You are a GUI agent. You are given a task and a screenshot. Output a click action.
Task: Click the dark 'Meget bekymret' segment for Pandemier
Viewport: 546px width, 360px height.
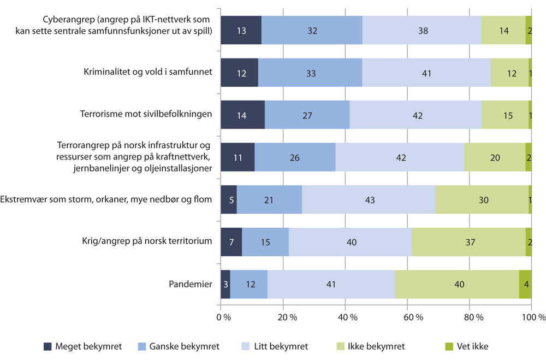(x=225, y=284)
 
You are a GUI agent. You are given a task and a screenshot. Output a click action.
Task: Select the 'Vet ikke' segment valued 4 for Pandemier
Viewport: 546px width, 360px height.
(x=525, y=284)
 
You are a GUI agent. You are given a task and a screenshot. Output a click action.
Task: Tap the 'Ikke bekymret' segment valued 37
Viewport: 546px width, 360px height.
(x=468, y=242)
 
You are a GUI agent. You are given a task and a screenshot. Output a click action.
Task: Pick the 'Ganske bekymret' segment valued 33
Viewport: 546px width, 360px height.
(x=310, y=72)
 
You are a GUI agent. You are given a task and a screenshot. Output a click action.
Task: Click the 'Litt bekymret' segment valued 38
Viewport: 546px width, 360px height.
(x=422, y=31)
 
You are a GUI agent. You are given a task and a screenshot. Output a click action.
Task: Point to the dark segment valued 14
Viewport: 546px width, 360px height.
(x=242, y=115)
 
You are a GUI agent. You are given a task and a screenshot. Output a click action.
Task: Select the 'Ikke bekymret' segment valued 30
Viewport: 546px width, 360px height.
(x=482, y=199)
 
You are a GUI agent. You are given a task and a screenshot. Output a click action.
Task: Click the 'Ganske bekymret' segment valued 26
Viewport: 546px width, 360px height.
(x=295, y=157)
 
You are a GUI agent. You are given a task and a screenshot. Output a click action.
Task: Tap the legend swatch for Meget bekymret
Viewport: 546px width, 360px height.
(x=48, y=346)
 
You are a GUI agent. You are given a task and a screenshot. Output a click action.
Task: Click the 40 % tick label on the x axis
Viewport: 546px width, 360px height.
(x=346, y=317)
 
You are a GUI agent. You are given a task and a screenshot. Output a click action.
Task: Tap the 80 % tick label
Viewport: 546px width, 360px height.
(x=470, y=317)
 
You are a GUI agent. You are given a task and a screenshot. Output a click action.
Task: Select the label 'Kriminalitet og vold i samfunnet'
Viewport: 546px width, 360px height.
(x=147, y=72)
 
